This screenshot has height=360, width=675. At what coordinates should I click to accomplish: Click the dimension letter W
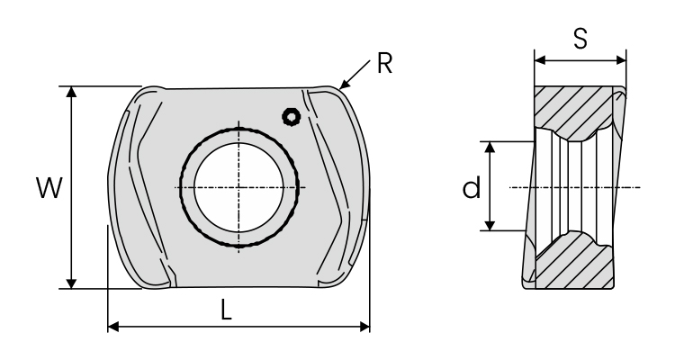click(49, 188)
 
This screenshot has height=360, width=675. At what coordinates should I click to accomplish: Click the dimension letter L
click(227, 310)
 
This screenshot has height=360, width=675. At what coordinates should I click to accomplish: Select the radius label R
click(384, 63)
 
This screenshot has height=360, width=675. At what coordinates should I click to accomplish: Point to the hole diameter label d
click(472, 188)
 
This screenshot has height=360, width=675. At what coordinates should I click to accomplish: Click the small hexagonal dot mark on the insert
click(292, 117)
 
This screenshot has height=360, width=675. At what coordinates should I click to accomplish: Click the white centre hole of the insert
click(238, 188)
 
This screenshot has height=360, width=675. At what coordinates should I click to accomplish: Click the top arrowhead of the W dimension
click(72, 91)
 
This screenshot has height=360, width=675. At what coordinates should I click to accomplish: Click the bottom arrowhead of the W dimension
click(72, 283)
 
